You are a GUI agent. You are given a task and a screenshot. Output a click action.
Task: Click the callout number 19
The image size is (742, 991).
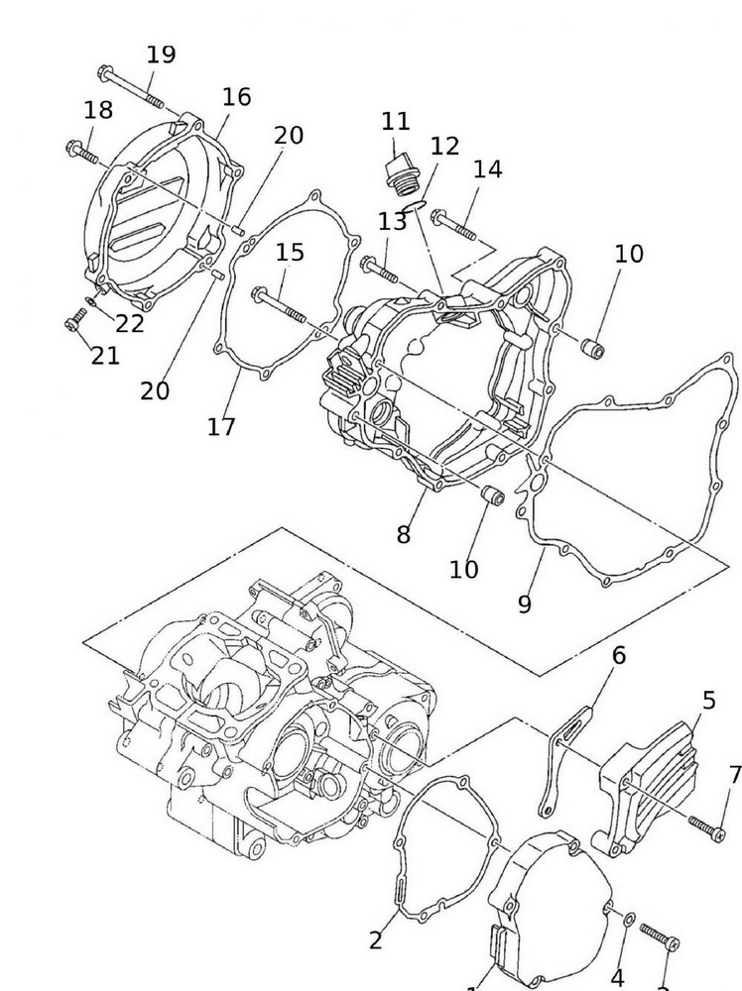[x=161, y=55]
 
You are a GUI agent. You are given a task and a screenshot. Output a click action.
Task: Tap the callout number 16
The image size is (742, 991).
[x=236, y=97]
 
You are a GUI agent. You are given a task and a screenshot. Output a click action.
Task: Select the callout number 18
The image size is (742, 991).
[x=98, y=110]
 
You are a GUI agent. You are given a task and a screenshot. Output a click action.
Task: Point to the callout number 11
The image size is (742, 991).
[x=396, y=122]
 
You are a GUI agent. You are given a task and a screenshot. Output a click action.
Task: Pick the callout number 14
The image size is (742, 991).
[x=487, y=168]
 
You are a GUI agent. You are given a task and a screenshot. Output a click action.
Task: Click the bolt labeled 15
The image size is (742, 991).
[x=282, y=303]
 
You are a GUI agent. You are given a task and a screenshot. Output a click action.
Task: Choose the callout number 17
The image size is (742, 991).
[x=221, y=426]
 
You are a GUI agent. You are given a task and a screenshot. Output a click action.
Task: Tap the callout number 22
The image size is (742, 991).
[x=130, y=323]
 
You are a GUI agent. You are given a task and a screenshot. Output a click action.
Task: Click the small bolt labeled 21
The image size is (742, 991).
[x=73, y=322]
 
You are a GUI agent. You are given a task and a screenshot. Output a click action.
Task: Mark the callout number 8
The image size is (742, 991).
[x=403, y=534]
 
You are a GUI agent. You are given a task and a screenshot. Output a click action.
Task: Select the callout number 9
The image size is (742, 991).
[x=524, y=604]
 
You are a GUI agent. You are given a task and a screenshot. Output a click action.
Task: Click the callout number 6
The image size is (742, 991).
[x=619, y=655]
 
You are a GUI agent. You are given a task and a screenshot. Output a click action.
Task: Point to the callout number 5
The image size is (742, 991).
[x=708, y=701]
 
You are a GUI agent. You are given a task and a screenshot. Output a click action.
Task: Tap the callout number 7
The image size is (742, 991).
[x=734, y=774]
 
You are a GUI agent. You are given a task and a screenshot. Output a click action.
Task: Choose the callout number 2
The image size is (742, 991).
[x=375, y=940]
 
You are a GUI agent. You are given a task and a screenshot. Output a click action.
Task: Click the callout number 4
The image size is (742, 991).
[x=617, y=978]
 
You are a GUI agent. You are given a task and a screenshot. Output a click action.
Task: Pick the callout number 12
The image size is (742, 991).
[x=445, y=146]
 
